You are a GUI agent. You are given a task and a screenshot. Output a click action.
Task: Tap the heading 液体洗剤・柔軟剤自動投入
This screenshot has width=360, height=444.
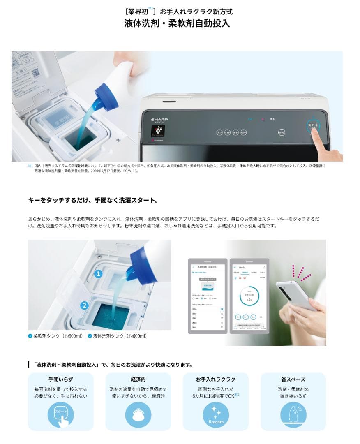(177, 23)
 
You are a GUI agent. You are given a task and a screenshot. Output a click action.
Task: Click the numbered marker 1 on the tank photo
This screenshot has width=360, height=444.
(98, 274)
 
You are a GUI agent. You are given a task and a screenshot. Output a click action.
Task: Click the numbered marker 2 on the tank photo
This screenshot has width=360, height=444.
(84, 305)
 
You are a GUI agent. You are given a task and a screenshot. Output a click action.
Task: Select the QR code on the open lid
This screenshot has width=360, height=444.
(36, 73)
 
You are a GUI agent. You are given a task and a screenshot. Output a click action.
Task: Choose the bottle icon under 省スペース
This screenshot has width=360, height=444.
(293, 414)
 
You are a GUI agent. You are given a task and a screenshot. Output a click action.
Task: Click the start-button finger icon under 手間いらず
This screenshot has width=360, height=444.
(60, 414)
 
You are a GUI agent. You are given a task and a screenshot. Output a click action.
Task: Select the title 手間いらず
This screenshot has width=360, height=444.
(60, 379)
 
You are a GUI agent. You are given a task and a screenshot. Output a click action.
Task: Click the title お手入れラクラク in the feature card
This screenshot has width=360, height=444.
(216, 379)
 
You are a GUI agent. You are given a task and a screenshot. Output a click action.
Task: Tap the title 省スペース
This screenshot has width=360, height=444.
(293, 379)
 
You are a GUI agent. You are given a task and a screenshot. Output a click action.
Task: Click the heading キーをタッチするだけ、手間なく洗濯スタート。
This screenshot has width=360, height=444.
(93, 200)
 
